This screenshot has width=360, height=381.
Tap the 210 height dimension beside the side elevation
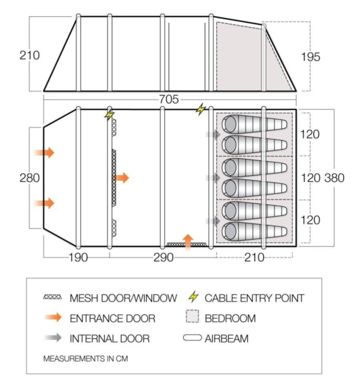coord(30,55)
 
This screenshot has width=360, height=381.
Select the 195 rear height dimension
coord(310,57)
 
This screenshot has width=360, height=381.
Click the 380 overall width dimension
coord(334,178)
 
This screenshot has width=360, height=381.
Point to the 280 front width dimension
coord(30,178)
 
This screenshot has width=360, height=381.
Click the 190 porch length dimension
coord(78,257)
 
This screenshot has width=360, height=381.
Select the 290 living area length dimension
coord(163,257)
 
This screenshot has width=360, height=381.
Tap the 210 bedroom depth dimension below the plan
coord(254,257)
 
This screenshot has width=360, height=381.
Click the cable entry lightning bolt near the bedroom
coord(200,109)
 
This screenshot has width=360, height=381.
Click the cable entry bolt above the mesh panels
coord(109,115)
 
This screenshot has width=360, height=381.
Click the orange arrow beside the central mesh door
coord(122,178)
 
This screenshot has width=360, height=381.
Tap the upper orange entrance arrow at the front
coord(45,152)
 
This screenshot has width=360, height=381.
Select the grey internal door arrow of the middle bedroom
coord(214,178)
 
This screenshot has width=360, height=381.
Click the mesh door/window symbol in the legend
coord(53,297)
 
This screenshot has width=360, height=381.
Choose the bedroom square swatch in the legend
coord(192,318)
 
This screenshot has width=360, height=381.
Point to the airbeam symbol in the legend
coord(192,338)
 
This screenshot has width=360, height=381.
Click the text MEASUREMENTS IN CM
coord(85,359)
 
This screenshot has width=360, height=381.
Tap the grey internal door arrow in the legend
coord(53,338)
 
